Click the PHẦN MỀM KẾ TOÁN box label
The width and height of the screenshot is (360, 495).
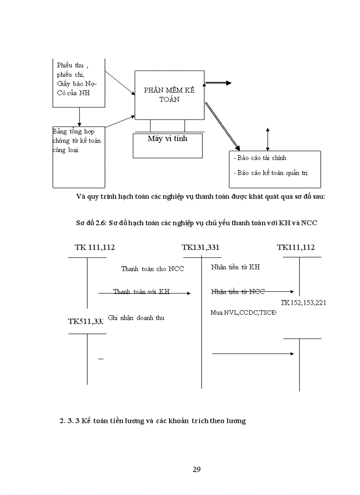point(169,95)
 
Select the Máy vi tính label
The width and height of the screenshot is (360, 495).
point(167,138)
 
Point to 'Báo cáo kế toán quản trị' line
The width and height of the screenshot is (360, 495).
point(270,173)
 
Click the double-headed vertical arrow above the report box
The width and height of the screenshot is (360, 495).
point(267,138)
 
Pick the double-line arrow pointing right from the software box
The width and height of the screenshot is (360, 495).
point(218,83)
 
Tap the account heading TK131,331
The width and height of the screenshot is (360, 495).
point(200,247)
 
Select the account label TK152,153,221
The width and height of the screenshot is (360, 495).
point(304,303)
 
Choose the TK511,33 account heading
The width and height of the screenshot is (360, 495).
point(86,321)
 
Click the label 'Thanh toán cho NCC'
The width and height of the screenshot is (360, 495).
point(153,269)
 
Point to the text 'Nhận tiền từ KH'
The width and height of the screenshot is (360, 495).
point(232,267)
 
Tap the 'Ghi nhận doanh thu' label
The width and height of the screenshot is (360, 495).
point(136,317)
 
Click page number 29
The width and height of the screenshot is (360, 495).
point(197,469)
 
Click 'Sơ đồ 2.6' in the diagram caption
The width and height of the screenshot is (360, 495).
point(90,223)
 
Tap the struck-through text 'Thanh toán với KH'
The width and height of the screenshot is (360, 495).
point(141,292)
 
